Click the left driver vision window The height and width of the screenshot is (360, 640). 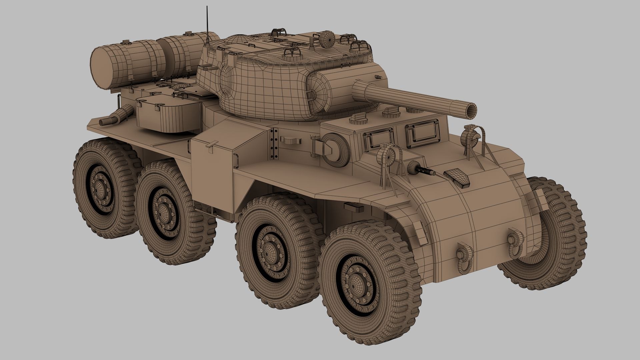pyautogui.click(x=378, y=137)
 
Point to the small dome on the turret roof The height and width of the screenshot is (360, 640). pyautogui.click(x=328, y=39)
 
